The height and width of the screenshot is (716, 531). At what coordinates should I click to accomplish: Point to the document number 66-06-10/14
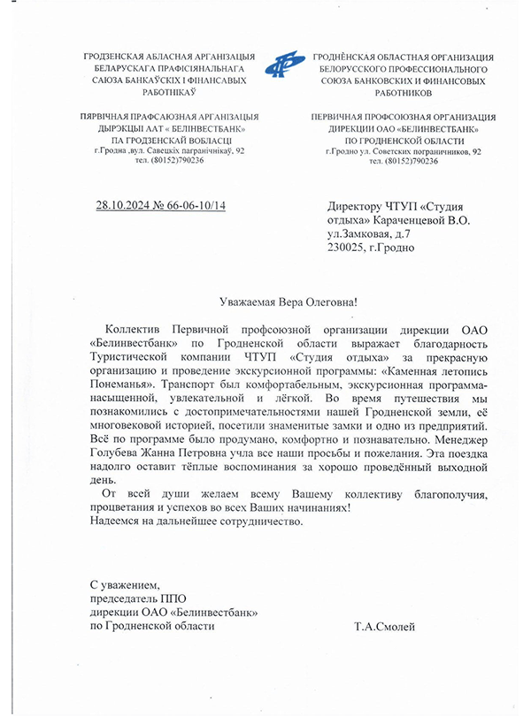tap(196, 206)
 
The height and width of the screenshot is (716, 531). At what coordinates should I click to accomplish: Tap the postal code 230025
tap(348, 248)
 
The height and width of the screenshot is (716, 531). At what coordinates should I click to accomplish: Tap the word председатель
tap(126, 598)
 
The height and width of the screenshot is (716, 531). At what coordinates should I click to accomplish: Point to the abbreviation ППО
tap(179, 598)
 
